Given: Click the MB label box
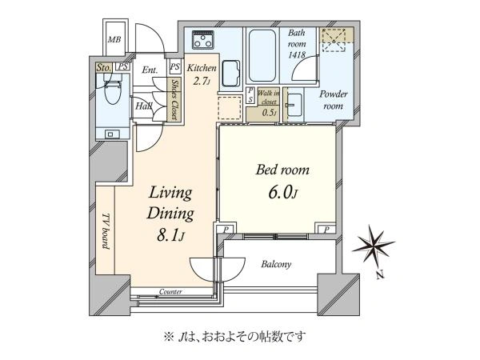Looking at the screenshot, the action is tap(114, 39).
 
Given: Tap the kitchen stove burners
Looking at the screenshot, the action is tap(202, 40).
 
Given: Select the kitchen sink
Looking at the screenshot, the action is tap(231, 74).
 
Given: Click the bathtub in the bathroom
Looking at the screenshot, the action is tap(263, 55).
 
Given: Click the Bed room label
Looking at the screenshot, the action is tap(282, 170).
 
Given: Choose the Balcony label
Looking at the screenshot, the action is tap(276, 264).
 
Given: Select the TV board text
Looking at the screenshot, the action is tap(106, 231).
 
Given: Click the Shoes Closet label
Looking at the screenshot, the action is tap(174, 99).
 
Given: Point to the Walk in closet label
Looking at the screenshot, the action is tap(269, 97).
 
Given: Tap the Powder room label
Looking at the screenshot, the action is tap(334, 100).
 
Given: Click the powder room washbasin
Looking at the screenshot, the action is tap(294, 105).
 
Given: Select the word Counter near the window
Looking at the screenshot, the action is tap(170, 292).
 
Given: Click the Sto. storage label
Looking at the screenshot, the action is tap(103, 68).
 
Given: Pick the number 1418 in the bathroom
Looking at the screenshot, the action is tap(297, 54).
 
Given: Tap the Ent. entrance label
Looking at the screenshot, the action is tap(150, 70).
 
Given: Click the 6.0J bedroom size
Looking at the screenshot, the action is tap(283, 193).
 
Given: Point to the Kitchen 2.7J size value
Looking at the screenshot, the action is tap(201, 81).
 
